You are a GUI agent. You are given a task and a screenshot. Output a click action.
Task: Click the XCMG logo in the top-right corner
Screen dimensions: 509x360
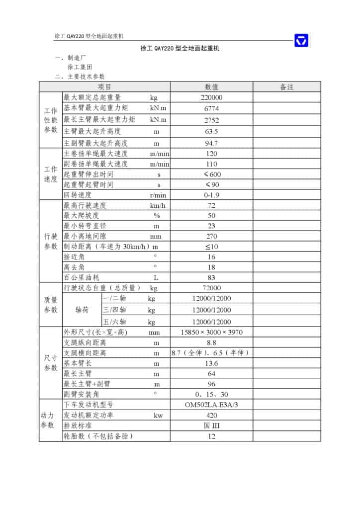click(301, 40)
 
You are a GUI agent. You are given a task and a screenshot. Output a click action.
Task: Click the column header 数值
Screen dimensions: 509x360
click(211, 87)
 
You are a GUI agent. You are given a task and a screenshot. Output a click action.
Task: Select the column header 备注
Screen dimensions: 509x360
click(287, 87)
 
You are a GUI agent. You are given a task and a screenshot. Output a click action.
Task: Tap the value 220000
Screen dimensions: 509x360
click(211, 98)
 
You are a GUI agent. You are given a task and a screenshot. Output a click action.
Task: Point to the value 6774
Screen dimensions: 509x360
click(211, 109)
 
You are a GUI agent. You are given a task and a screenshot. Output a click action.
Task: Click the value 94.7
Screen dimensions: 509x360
click(211, 143)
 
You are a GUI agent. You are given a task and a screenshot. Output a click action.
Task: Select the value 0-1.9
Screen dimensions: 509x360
click(211, 195)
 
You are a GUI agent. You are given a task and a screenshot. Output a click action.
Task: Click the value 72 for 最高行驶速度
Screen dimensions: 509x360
click(211, 205)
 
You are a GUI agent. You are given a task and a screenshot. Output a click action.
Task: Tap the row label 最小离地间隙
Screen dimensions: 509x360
click(85, 236)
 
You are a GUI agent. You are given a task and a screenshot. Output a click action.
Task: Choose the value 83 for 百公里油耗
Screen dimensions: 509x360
click(211, 277)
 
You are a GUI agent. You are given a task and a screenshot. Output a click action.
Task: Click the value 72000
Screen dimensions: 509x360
click(211, 288)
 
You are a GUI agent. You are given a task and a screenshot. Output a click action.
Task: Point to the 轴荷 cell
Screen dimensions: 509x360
click(82, 309)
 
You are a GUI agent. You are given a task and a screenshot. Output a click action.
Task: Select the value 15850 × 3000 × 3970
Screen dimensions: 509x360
click(211, 332)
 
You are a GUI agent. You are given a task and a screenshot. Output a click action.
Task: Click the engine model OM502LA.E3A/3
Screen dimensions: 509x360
click(211, 405)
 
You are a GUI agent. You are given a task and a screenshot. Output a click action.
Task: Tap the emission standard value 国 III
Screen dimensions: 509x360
click(211, 425)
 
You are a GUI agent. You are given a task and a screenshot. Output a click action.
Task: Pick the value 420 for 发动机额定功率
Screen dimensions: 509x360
click(211, 415)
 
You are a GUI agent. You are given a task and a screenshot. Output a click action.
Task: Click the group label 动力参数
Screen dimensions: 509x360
click(50, 420)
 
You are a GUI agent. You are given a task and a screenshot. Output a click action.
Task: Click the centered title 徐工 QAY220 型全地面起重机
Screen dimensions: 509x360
click(180, 49)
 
